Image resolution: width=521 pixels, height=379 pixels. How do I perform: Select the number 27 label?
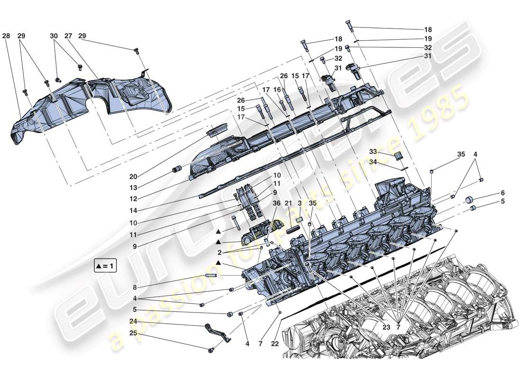[68, 36]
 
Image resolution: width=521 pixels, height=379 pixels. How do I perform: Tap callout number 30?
[54, 36]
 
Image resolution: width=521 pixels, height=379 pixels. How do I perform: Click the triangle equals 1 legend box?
[106, 266]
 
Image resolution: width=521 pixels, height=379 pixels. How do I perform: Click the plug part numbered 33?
[398, 157]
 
